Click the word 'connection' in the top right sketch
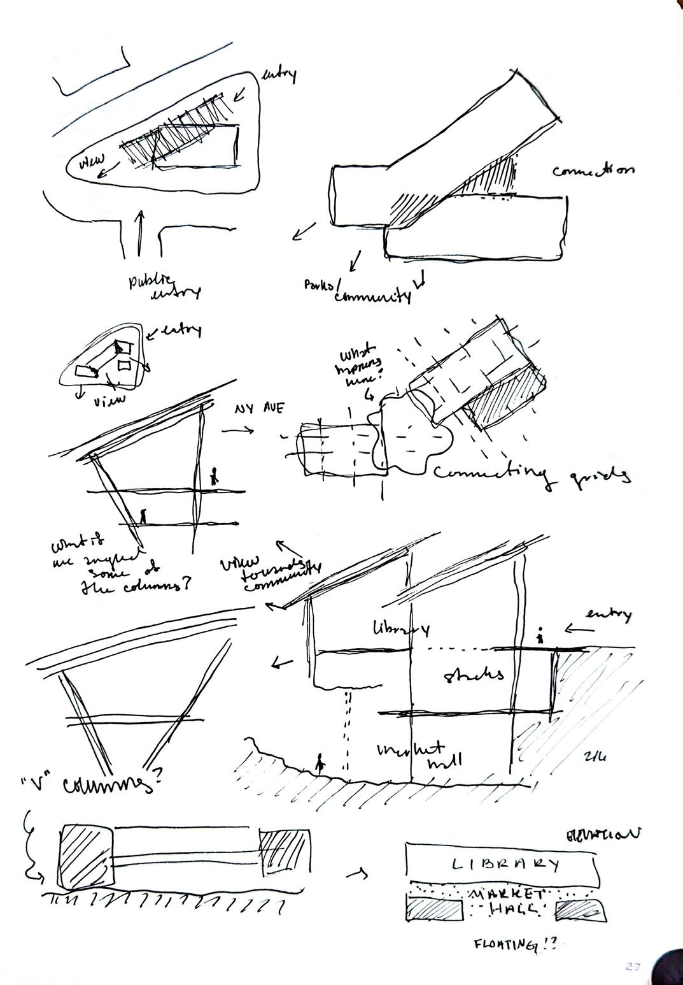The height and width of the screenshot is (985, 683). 593,171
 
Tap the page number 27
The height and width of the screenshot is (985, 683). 631,967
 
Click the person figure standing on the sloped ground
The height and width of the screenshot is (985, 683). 321,762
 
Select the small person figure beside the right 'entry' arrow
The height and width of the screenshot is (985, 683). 540,636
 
